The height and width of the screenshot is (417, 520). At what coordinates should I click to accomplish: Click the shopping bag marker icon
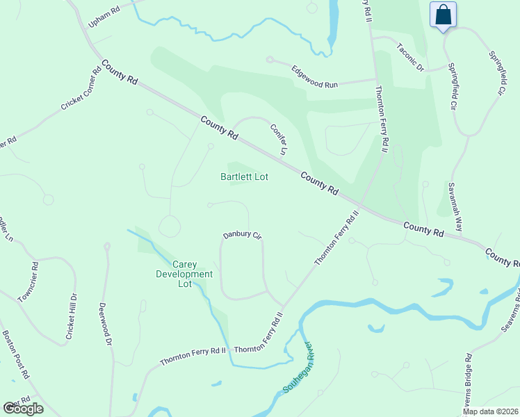coord(443,15)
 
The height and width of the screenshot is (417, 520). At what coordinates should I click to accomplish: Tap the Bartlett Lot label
coord(244,177)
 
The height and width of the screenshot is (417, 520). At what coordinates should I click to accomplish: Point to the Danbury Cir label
coord(241,236)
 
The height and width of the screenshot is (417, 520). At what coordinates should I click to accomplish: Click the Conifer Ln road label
coord(279,136)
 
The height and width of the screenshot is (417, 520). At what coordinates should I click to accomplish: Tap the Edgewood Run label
coord(314,76)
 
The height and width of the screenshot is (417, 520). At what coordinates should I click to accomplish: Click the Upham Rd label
coord(104,18)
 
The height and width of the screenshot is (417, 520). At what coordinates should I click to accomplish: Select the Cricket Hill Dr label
coord(72,316)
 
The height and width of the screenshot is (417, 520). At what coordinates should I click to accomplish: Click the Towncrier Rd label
coord(31,282)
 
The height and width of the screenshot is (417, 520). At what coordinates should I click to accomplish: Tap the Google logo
coord(23,409)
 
